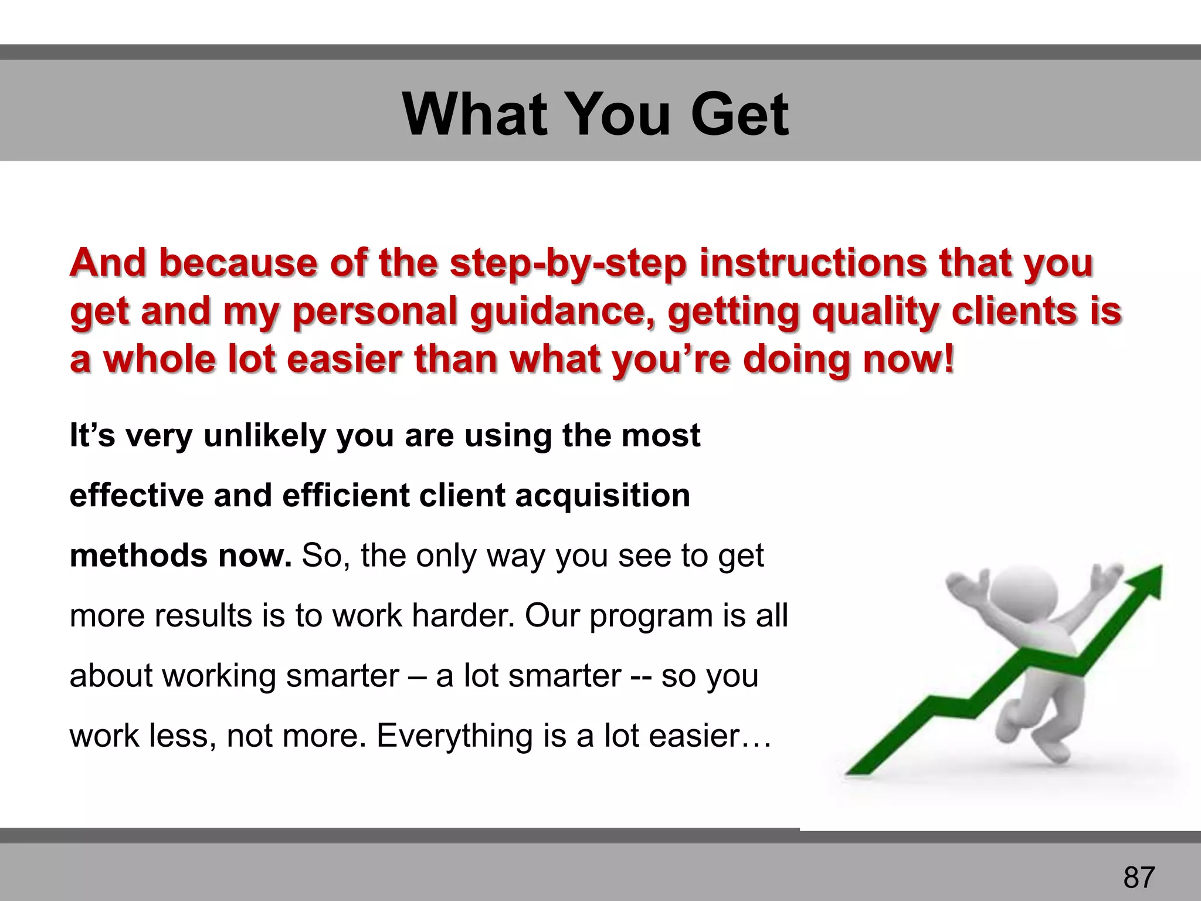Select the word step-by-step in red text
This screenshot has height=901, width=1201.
(568, 263)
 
